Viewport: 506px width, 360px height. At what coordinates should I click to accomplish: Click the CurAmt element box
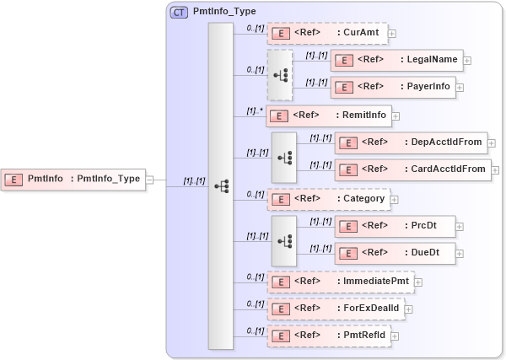pos(326,34)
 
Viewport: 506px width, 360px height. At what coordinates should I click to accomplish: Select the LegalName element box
pos(396,60)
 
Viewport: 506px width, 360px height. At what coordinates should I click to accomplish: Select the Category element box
pos(328,199)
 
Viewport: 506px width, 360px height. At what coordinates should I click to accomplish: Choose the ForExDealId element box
pos(335,309)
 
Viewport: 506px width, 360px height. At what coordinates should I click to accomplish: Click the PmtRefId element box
pos(328,336)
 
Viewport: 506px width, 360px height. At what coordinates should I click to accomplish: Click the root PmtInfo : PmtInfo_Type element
pos(73,179)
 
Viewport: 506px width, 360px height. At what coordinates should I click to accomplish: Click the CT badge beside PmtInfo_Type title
pos(179,13)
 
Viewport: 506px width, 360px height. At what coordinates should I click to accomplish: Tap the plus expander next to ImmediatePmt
pos(417,282)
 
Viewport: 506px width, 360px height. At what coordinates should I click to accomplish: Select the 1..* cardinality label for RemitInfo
pos(254,110)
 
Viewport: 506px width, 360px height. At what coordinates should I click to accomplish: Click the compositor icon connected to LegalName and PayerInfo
pos(280,73)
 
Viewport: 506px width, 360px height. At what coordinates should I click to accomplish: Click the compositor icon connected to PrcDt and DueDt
pos(284,239)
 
